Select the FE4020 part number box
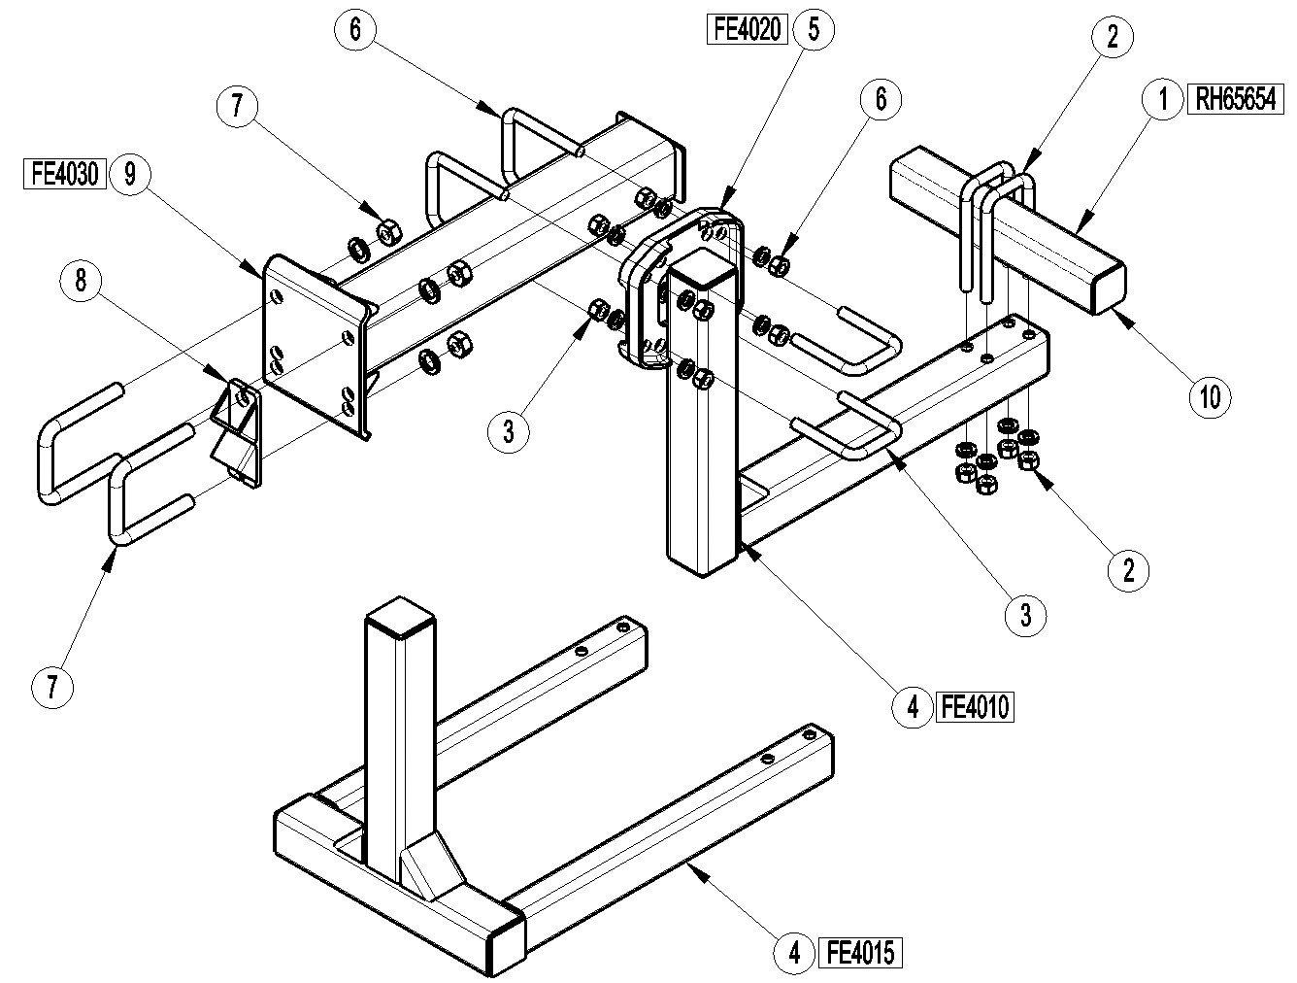(745, 30)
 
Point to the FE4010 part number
(974, 707)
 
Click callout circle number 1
(1160, 99)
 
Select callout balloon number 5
(814, 30)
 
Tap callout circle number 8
(82, 282)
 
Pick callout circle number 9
(131, 174)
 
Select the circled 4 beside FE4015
(795, 953)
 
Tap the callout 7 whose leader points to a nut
(238, 108)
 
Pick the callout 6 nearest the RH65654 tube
(881, 100)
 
